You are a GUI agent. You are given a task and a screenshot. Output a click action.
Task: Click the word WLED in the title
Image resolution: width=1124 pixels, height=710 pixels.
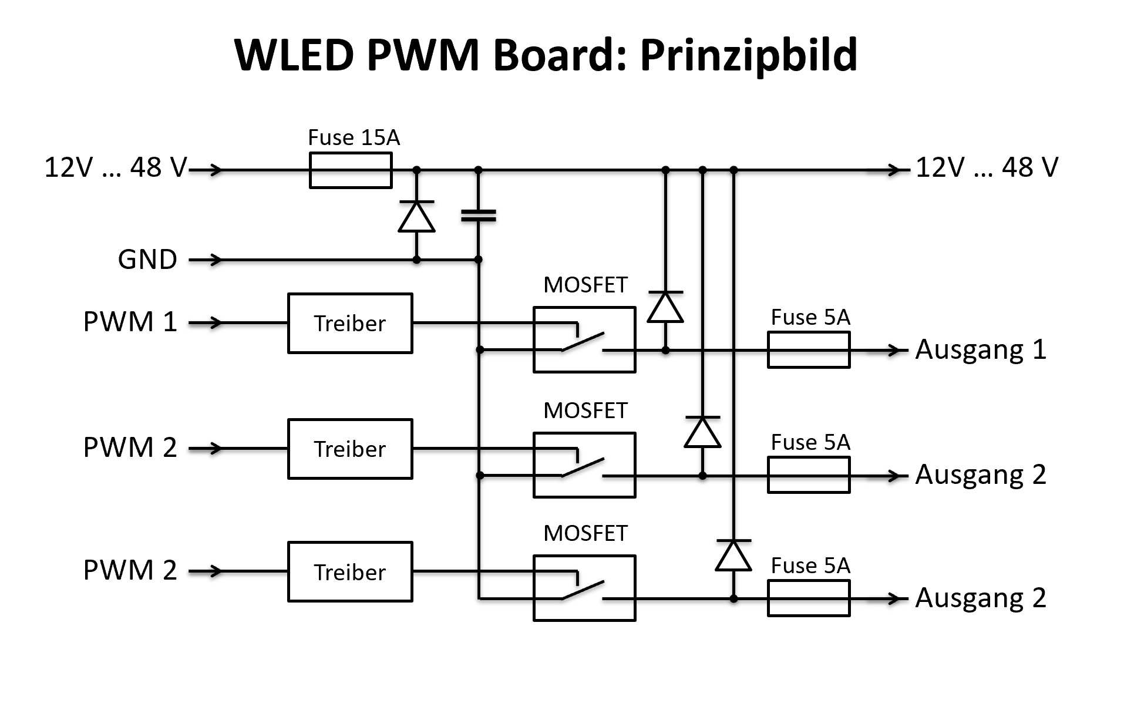click(x=294, y=55)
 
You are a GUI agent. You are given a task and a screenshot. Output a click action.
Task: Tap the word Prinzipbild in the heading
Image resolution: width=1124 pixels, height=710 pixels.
click(x=748, y=55)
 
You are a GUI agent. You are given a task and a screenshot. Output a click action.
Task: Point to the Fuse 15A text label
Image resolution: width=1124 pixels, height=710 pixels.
click(x=354, y=137)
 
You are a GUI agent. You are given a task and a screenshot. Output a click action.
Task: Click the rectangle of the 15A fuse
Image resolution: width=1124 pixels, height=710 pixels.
click(x=351, y=170)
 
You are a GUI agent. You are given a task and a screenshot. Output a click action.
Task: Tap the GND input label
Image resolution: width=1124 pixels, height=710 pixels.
click(x=147, y=259)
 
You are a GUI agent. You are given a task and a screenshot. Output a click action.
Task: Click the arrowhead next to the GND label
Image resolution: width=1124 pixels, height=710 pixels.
click(x=215, y=259)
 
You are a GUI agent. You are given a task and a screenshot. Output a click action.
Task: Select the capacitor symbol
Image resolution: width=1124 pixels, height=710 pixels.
click(x=479, y=216)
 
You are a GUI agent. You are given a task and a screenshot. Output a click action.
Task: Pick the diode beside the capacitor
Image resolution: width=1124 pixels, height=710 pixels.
click(x=416, y=217)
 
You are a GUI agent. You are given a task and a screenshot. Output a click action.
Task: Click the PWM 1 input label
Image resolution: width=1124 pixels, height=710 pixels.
click(x=130, y=322)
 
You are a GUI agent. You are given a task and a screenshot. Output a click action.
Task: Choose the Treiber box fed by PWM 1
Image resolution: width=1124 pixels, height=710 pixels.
click(x=350, y=323)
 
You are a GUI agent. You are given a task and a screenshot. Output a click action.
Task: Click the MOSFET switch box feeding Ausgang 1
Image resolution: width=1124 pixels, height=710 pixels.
click(x=584, y=339)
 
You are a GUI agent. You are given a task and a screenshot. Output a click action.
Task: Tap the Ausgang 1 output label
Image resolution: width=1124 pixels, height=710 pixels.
click(x=981, y=349)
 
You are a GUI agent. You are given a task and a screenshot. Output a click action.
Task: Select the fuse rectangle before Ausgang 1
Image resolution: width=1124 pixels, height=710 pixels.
click(x=809, y=350)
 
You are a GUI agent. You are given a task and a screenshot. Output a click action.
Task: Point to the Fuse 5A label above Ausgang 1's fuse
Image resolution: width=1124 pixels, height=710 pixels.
click(x=810, y=317)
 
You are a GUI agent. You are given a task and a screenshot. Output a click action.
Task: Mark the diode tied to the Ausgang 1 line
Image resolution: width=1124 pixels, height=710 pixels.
click(x=665, y=307)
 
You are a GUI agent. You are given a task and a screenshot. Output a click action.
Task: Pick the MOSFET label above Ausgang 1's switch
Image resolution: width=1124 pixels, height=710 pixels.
click(x=585, y=285)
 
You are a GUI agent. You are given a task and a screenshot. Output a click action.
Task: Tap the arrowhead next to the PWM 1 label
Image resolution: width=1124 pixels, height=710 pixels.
click(x=215, y=322)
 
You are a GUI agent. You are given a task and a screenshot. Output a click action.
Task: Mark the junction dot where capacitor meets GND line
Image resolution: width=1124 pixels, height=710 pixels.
click(x=479, y=259)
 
